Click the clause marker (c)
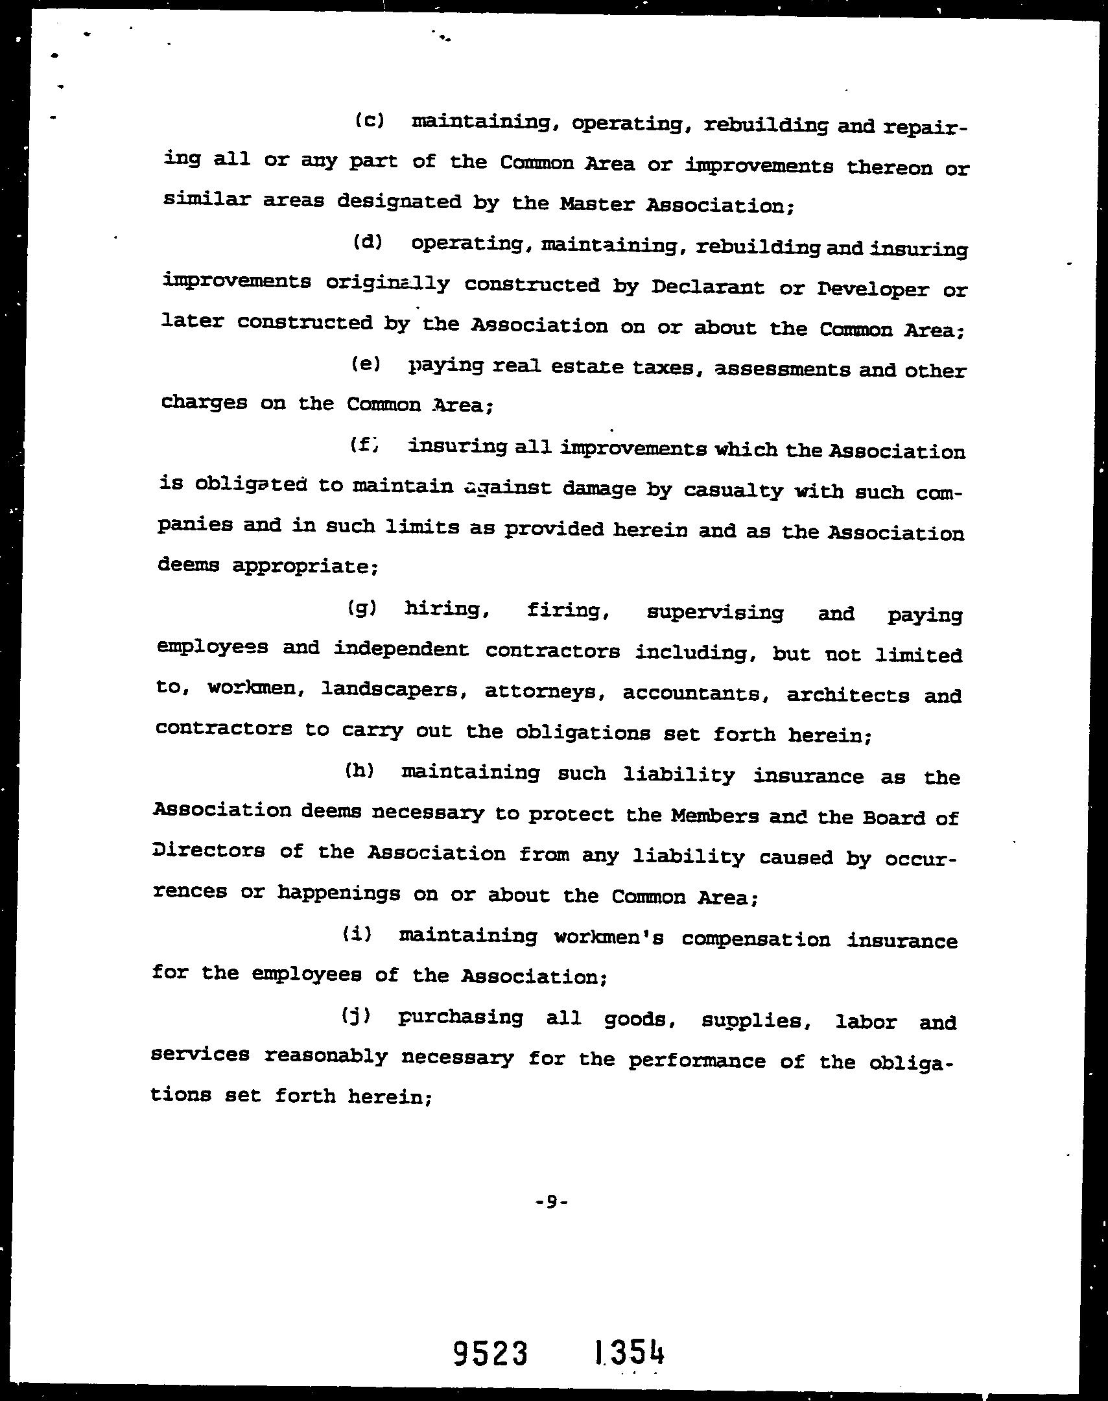tap(370, 121)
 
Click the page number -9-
tap(552, 1202)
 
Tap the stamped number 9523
tap(490, 1354)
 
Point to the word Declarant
tap(707, 287)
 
